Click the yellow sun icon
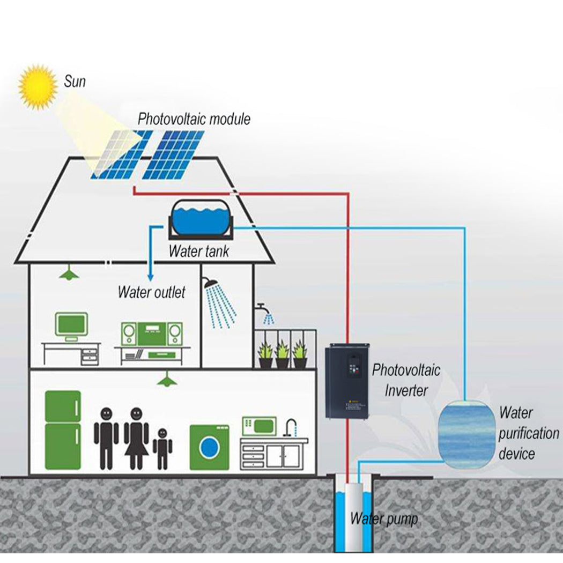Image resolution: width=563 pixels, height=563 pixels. tap(38, 86)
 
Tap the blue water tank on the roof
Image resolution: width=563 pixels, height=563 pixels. tap(201, 218)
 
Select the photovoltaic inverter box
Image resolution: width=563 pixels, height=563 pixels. tap(347, 381)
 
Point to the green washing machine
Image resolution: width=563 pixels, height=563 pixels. tap(210, 447)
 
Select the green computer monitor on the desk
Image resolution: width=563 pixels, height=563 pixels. tap(71, 325)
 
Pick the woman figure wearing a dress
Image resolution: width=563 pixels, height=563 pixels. tap(136, 437)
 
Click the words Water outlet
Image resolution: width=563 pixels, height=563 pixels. tap(151, 292)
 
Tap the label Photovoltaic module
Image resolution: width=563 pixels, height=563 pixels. tap(194, 118)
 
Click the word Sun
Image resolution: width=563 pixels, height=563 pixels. tap(75, 82)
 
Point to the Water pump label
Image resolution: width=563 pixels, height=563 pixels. tap(383, 518)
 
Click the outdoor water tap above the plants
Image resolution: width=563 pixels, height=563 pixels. tap(261, 307)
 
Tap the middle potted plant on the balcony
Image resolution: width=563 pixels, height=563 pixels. tap(282, 355)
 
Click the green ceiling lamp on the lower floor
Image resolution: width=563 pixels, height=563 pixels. tap(167, 380)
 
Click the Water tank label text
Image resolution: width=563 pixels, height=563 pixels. tap(198, 251)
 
